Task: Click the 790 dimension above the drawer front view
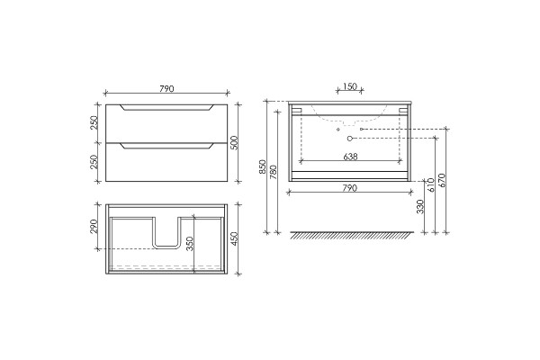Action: coord(166,88)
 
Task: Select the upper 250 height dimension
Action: coord(94,122)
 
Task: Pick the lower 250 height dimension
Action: coord(94,162)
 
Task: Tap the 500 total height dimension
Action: coord(234,142)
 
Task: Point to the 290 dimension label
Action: coord(94,227)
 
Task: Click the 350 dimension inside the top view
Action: coord(190,244)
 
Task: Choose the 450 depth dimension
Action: coord(234,238)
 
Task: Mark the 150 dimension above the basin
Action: coord(350,86)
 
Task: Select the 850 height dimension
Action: coord(263,166)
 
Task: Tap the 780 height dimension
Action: coord(273,172)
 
